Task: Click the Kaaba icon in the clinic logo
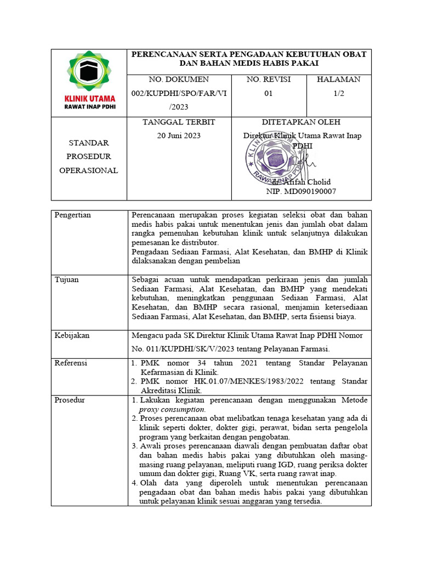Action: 89,72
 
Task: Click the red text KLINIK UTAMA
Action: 89,98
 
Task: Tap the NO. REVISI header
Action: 269,79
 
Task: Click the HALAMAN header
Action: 338,79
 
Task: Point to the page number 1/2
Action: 338,94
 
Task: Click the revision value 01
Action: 269,94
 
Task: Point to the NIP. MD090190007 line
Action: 301,192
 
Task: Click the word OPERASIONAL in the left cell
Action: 89,170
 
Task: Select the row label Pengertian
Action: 73,215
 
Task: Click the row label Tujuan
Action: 67,280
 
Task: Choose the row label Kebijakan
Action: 72,335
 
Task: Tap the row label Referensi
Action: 71,363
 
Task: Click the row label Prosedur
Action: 70,400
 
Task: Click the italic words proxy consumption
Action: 172,409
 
